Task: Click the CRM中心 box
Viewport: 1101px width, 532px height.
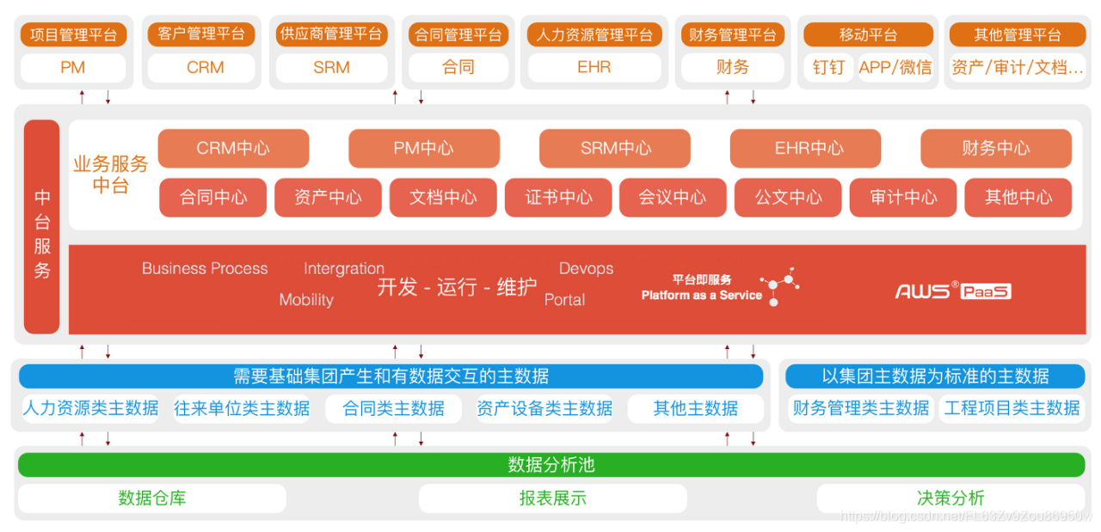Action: pos(233,148)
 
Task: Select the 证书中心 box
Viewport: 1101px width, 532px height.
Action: pos(558,198)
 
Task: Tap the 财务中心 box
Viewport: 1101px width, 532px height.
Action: pos(995,148)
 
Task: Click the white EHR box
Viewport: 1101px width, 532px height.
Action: pos(594,67)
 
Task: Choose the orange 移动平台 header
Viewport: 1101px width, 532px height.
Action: pos(868,34)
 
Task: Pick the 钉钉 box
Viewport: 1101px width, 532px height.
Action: pos(828,67)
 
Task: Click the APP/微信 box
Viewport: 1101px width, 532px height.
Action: pos(895,67)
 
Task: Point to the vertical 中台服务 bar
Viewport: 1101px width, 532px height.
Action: pos(41,227)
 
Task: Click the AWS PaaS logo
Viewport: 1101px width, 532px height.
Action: pos(953,290)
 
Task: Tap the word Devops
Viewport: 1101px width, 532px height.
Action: pos(586,268)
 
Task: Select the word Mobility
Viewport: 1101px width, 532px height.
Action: pos(306,300)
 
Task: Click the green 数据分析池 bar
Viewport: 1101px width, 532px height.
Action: pos(551,465)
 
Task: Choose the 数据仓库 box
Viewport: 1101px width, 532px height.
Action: pos(151,498)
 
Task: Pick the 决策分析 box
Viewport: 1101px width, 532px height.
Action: pos(950,498)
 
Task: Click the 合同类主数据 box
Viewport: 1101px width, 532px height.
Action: pos(393,408)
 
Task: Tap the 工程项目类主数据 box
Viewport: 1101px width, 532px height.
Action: pos(1012,408)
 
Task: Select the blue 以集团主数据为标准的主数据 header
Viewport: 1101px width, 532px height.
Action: pos(935,376)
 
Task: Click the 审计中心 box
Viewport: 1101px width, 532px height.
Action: pos(903,198)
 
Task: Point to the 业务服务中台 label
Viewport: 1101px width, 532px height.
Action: pos(110,174)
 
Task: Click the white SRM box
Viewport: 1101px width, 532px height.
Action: pos(331,67)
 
